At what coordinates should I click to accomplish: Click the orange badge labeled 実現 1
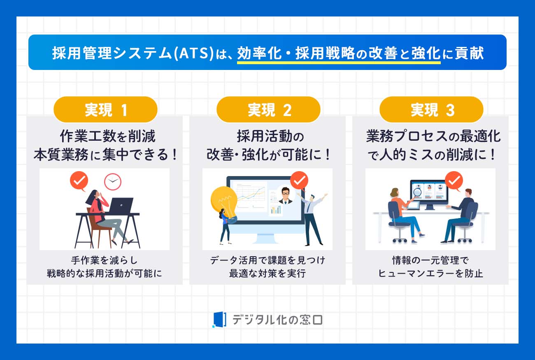105,109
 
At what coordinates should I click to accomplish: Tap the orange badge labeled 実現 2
268,109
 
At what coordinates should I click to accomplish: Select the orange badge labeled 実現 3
431,109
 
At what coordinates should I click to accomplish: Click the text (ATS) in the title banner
194,53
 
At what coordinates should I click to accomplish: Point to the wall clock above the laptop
113,182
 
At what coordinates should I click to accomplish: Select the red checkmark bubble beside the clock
79,181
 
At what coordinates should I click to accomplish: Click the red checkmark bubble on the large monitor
299,181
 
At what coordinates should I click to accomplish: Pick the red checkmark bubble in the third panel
454,181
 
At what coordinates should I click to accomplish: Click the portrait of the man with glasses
285,195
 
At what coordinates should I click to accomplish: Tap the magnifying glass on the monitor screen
417,193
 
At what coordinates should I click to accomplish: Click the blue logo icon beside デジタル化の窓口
219,319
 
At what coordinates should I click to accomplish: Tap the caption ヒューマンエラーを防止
430,274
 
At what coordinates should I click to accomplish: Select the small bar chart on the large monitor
276,209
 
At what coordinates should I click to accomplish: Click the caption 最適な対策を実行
267,274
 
